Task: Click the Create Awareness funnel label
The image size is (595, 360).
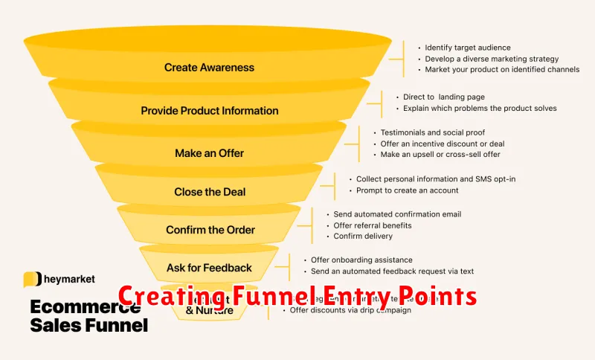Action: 209,68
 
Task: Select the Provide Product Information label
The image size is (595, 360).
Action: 210,111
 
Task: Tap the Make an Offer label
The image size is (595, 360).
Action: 209,153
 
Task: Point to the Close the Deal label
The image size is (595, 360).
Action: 210,192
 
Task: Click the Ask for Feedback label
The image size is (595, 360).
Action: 209,268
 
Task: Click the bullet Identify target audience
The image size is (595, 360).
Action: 468,48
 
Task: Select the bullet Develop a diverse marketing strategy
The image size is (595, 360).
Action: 492,59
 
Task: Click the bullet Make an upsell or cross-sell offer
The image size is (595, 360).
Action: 440,154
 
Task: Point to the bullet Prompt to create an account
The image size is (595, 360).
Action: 408,190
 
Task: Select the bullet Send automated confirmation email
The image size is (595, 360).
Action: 397,214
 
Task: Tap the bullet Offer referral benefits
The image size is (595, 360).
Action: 373,225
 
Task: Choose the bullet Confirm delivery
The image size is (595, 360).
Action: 363,237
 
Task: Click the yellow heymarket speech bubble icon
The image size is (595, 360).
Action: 32,280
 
